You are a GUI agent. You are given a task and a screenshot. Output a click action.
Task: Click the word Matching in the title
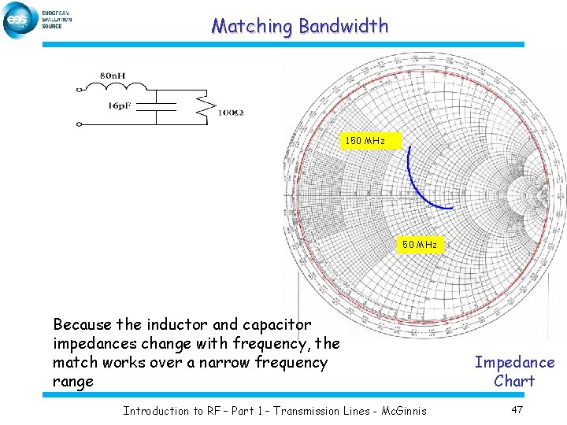click(x=251, y=26)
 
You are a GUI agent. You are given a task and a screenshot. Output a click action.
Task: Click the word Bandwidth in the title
click(x=343, y=26)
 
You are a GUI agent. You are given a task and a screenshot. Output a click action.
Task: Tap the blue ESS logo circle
click(x=19, y=20)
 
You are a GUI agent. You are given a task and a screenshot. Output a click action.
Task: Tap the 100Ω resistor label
click(x=231, y=113)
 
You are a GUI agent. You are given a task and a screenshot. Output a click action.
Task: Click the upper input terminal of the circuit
click(x=79, y=88)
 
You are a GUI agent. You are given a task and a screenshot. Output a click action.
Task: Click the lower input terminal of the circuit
click(x=79, y=124)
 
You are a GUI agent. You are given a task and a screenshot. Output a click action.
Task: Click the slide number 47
click(x=517, y=410)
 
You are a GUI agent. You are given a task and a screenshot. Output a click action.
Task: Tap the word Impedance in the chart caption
click(x=514, y=363)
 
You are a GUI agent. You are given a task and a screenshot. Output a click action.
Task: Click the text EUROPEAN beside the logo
click(x=55, y=13)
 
